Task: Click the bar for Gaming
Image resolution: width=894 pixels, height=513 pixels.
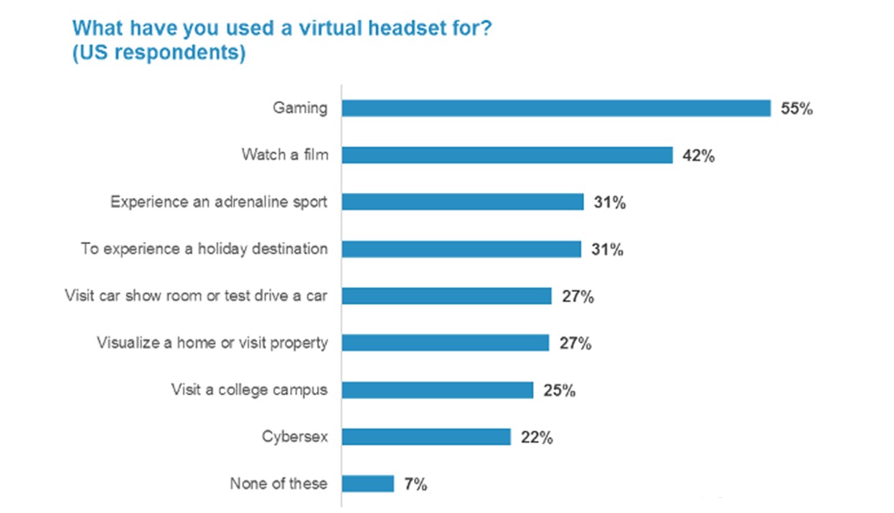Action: [556, 108]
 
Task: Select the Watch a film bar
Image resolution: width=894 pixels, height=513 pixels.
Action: [507, 155]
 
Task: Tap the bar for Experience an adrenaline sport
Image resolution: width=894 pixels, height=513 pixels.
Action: [462, 202]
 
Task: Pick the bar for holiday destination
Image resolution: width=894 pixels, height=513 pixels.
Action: [461, 249]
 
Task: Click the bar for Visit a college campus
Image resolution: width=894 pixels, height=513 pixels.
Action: [437, 390]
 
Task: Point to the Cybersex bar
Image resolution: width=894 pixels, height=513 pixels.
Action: [425, 437]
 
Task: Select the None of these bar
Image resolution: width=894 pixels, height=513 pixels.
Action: [367, 484]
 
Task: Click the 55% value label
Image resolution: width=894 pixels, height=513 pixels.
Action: [796, 110]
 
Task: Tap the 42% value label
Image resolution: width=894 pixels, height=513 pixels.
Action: [698, 156]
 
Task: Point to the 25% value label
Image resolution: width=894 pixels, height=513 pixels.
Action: [560, 391]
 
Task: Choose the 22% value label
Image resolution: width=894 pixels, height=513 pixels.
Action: [537, 438]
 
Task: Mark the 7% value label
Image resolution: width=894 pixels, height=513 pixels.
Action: [415, 485]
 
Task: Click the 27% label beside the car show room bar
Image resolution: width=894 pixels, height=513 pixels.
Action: [578, 297]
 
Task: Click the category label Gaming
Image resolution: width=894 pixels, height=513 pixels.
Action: [300, 108]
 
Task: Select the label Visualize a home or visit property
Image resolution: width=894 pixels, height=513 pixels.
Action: [212, 343]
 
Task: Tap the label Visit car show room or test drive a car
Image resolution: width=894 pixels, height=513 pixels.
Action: [196, 296]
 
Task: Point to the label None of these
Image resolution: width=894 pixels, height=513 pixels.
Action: [278, 484]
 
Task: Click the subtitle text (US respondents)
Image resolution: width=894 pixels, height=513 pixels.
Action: [159, 54]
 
